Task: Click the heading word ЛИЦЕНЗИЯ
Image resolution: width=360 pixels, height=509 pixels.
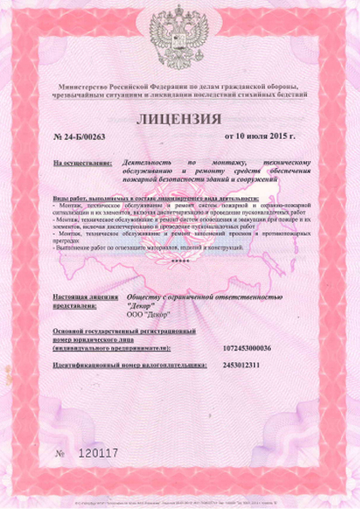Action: tap(180, 117)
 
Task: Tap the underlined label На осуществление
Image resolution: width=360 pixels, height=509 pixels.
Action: tap(83, 163)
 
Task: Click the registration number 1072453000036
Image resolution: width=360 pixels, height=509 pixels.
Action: tap(270, 348)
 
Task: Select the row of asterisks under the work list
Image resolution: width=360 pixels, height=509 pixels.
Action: tap(179, 257)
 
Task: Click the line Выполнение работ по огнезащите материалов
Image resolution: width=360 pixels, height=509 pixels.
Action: tap(137, 247)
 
